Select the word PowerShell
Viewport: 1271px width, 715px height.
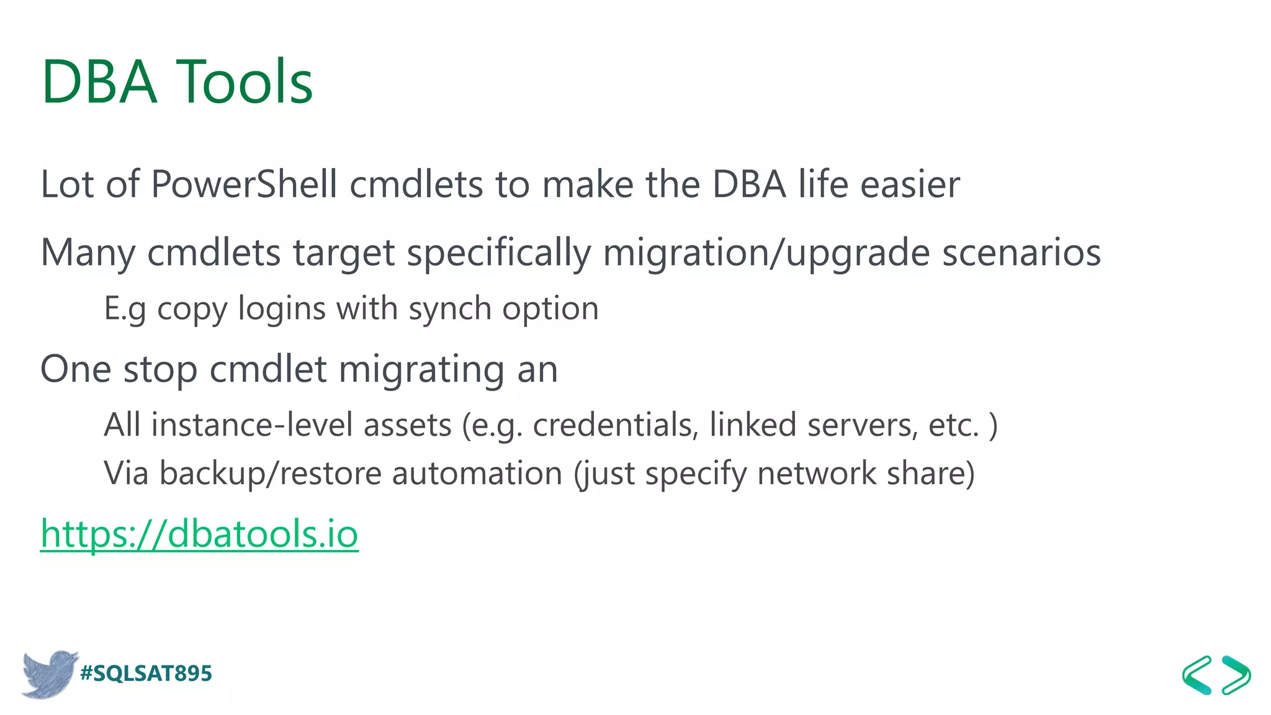pyautogui.click(x=244, y=184)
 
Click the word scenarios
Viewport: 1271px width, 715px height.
pyautogui.click(x=1022, y=253)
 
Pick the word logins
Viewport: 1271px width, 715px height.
pyautogui.click(x=282, y=309)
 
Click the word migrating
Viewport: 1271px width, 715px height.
pyautogui.click(x=421, y=370)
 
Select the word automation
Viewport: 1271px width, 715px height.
pyautogui.click(x=477, y=474)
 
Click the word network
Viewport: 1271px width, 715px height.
pyautogui.click(x=816, y=474)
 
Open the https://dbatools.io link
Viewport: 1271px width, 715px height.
pyautogui.click(x=199, y=534)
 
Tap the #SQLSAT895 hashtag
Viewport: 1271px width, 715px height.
pyautogui.click(x=146, y=673)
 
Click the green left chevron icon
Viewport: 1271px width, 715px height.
pyautogui.click(x=1197, y=675)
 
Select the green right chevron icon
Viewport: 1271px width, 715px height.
pyautogui.click(x=1236, y=675)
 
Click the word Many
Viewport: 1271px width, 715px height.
pyautogui.click(x=88, y=253)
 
